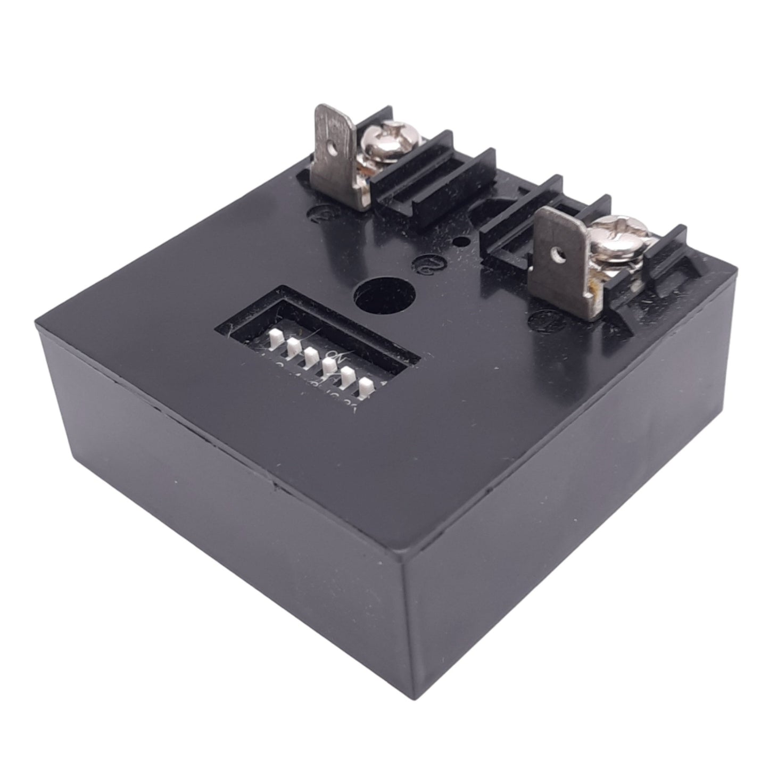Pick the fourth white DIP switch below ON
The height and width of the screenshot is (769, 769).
click(x=329, y=366)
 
